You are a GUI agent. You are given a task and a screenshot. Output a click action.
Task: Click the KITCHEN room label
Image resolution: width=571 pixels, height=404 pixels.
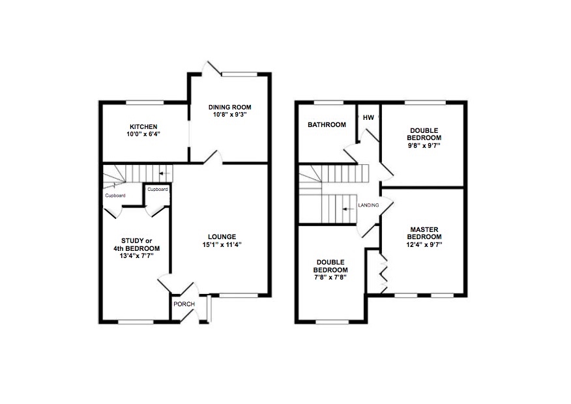[143, 126]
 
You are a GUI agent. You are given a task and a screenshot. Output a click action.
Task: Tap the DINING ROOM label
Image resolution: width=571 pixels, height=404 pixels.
[230, 107]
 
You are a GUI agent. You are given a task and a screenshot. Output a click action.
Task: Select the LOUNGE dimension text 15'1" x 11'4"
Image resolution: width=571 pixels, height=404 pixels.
[222, 244]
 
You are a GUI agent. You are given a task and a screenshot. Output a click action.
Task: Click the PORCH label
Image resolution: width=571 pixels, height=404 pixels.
[184, 304]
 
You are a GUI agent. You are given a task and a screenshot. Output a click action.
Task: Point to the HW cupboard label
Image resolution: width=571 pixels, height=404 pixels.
[368, 117]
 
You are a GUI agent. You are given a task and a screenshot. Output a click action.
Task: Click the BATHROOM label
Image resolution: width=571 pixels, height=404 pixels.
[327, 124]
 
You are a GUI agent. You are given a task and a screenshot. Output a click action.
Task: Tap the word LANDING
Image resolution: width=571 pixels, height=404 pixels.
[368, 205]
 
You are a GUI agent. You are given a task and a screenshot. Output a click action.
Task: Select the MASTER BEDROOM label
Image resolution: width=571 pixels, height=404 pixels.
[424, 233]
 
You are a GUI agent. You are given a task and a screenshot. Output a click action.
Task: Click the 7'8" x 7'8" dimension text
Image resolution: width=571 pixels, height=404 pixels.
[330, 278]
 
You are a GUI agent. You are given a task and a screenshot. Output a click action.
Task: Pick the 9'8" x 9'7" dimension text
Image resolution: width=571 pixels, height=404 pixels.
[424, 145]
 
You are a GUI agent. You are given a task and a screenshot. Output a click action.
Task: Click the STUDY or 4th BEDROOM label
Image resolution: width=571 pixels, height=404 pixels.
[137, 244]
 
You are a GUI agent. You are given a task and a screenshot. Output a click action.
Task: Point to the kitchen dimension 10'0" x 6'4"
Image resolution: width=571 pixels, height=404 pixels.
[143, 134]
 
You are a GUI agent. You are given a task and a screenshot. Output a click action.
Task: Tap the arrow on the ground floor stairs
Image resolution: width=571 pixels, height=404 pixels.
[166, 173]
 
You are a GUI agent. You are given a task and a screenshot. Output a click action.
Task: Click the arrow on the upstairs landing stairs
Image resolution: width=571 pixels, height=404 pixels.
[349, 209]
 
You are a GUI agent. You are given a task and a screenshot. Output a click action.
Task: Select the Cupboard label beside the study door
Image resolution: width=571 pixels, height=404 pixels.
[115, 195]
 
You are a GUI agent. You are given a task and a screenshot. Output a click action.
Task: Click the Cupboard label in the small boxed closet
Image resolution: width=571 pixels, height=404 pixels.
[158, 189]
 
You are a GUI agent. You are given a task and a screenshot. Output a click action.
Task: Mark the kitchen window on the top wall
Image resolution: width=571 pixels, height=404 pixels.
[145, 103]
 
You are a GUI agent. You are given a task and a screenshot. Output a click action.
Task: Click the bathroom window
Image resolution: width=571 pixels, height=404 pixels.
[329, 103]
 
